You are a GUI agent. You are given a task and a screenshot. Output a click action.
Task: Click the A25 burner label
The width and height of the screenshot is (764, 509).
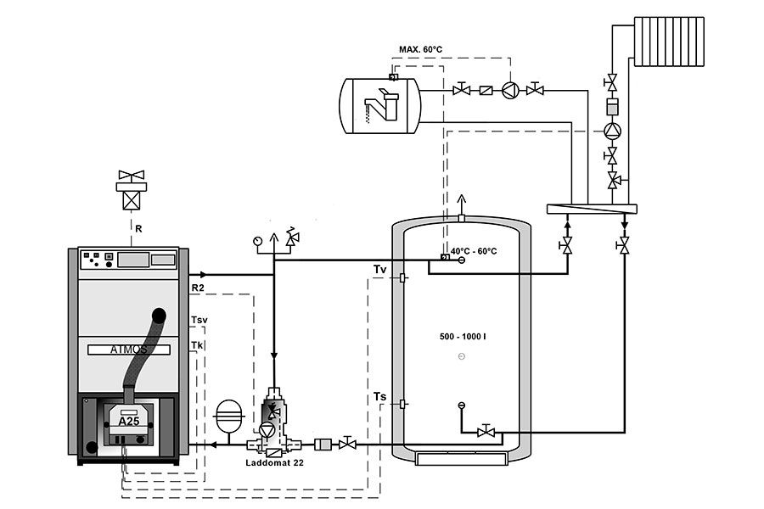(128, 421)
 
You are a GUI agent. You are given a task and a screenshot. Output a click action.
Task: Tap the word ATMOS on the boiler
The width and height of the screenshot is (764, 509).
(129, 348)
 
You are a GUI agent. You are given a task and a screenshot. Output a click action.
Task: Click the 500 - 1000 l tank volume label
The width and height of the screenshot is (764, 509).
(463, 337)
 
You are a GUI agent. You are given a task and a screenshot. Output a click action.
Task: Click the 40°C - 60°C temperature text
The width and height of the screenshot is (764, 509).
(474, 251)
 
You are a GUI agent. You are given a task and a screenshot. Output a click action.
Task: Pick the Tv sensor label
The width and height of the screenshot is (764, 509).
(380, 269)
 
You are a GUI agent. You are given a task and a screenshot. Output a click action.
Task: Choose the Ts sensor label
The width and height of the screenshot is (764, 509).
(380, 396)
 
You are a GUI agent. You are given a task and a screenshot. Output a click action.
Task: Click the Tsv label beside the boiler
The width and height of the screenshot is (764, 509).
(199, 320)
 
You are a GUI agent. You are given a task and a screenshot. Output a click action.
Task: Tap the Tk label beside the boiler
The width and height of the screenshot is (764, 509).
(197, 345)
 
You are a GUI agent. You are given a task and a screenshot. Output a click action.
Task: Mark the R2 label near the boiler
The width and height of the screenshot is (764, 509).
(198, 289)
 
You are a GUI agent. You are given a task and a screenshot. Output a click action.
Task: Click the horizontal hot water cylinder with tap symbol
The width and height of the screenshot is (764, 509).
(380, 104)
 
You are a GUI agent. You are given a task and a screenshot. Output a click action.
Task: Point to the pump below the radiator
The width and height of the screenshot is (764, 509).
(611, 131)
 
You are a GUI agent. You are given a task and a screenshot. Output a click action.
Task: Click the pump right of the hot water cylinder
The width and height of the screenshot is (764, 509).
(509, 90)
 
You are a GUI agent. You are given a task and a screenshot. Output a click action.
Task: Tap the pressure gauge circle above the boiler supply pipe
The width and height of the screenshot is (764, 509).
(257, 240)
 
